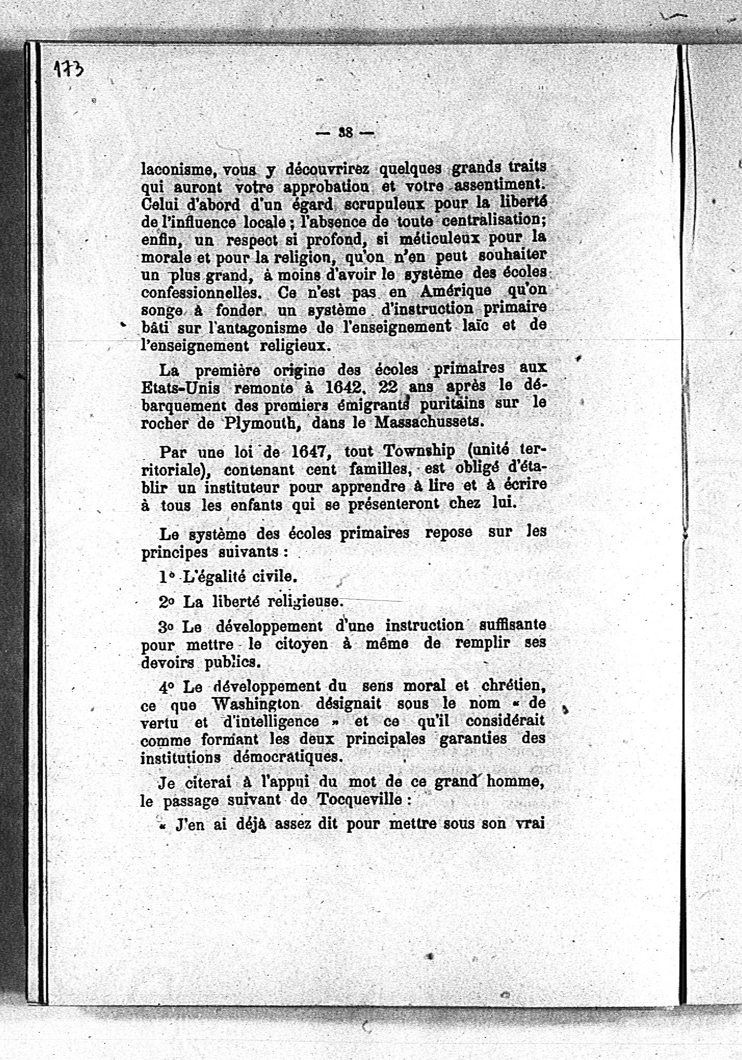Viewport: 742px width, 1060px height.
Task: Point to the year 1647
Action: tap(311, 451)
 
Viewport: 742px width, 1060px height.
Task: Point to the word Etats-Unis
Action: tap(180, 388)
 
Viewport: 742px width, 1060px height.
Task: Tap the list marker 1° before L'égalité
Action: tap(166, 577)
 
